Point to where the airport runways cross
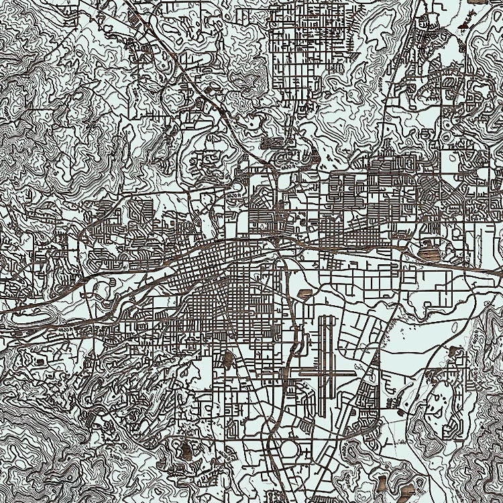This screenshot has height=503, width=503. point(327,371)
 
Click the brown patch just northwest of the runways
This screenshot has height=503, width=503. point(307,294)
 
